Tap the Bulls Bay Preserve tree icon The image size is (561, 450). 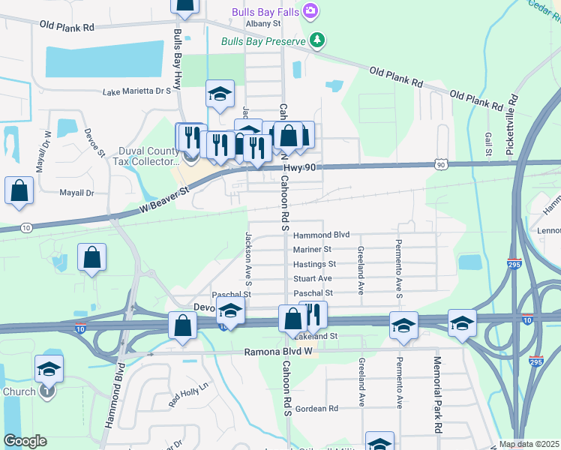[x=318, y=40]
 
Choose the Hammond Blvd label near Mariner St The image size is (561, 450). [x=322, y=235]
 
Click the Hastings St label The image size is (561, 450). [x=314, y=264]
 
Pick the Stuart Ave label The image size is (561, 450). [x=313, y=278]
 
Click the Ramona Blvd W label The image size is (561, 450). [x=277, y=352]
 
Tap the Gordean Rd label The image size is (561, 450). [x=316, y=409]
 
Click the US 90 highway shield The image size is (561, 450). [x=440, y=164]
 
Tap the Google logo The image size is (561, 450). [x=25, y=441]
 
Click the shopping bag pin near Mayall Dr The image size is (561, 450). [x=19, y=191]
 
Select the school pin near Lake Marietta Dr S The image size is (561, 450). [x=220, y=94]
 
